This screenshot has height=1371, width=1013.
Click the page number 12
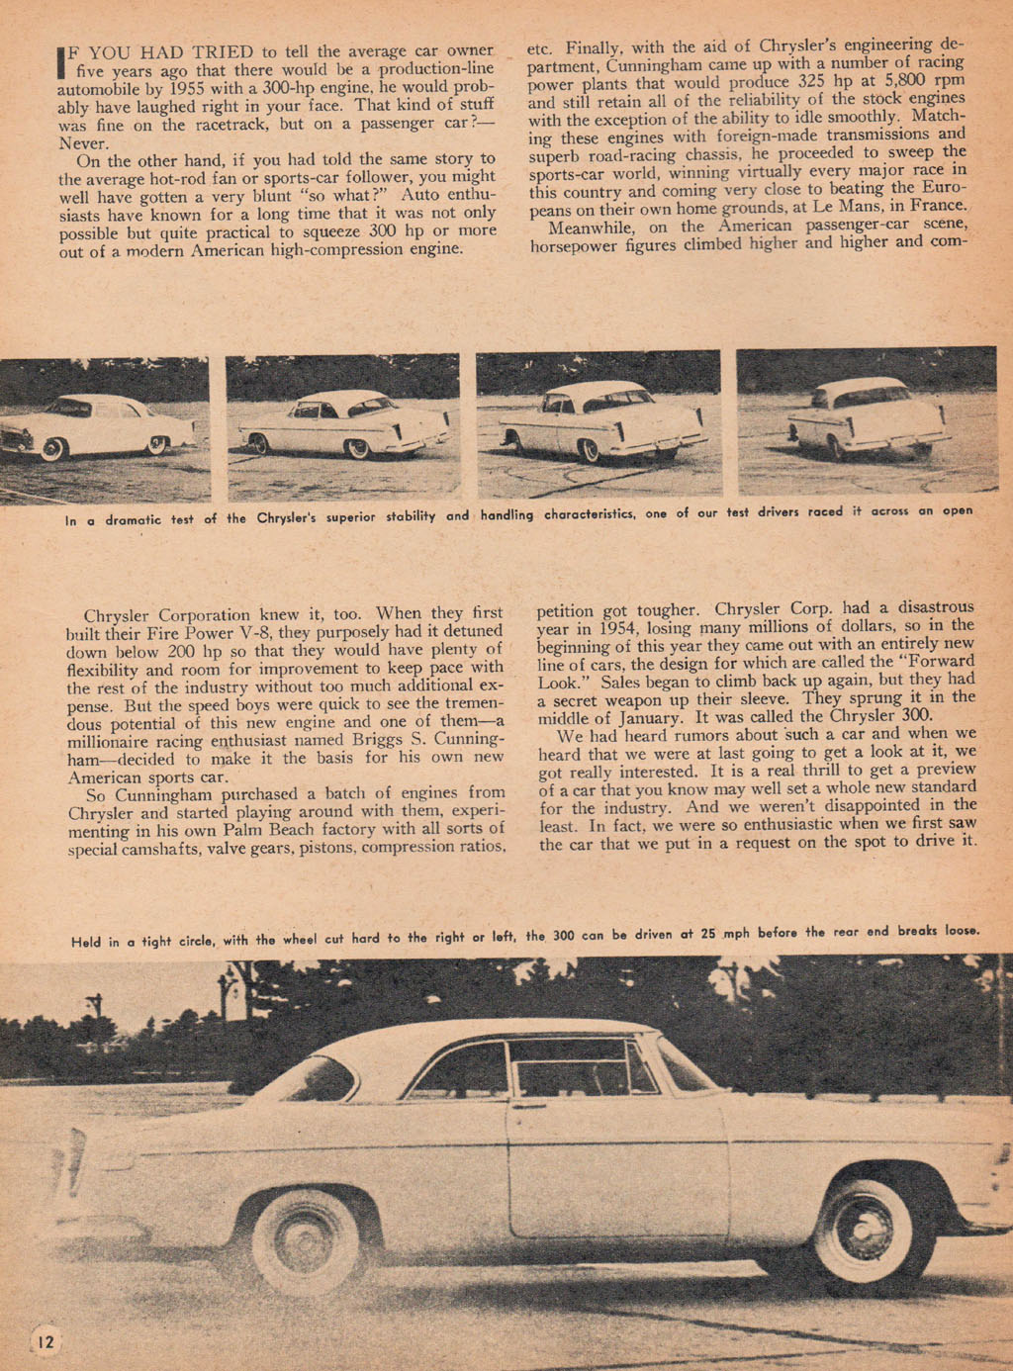[46, 1341]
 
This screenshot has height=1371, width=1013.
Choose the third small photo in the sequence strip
[598, 423]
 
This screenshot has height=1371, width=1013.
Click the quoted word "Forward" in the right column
[939, 662]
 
